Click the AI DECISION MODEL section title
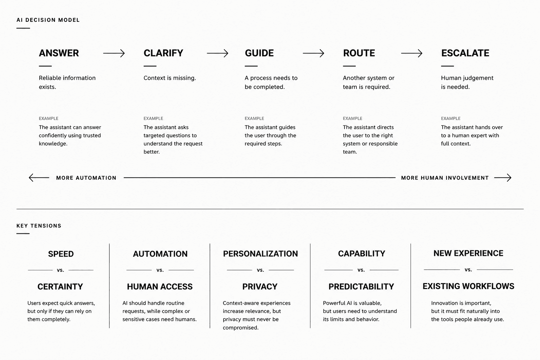pos(48,20)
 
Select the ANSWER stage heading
pos(59,53)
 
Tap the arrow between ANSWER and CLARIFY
pos(114,53)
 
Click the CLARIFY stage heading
pos(163,53)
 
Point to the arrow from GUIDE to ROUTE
pos(313,53)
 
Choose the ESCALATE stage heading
pos(465,53)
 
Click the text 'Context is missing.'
pos(170,78)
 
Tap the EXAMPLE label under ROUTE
pos(353,118)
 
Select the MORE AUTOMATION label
pos(86,178)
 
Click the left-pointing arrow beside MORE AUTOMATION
pos(39,178)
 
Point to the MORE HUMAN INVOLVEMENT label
pos(445,178)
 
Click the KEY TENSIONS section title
pos(39,226)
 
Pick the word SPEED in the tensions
pos(61,254)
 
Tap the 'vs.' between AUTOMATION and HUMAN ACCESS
pos(160,270)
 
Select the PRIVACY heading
pos(260,287)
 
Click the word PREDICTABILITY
pos(361,287)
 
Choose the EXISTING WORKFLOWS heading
pos(468,286)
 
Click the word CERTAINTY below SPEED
pos(60,287)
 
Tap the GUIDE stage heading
pos(259,53)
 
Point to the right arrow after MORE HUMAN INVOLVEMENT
pos(503,178)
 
